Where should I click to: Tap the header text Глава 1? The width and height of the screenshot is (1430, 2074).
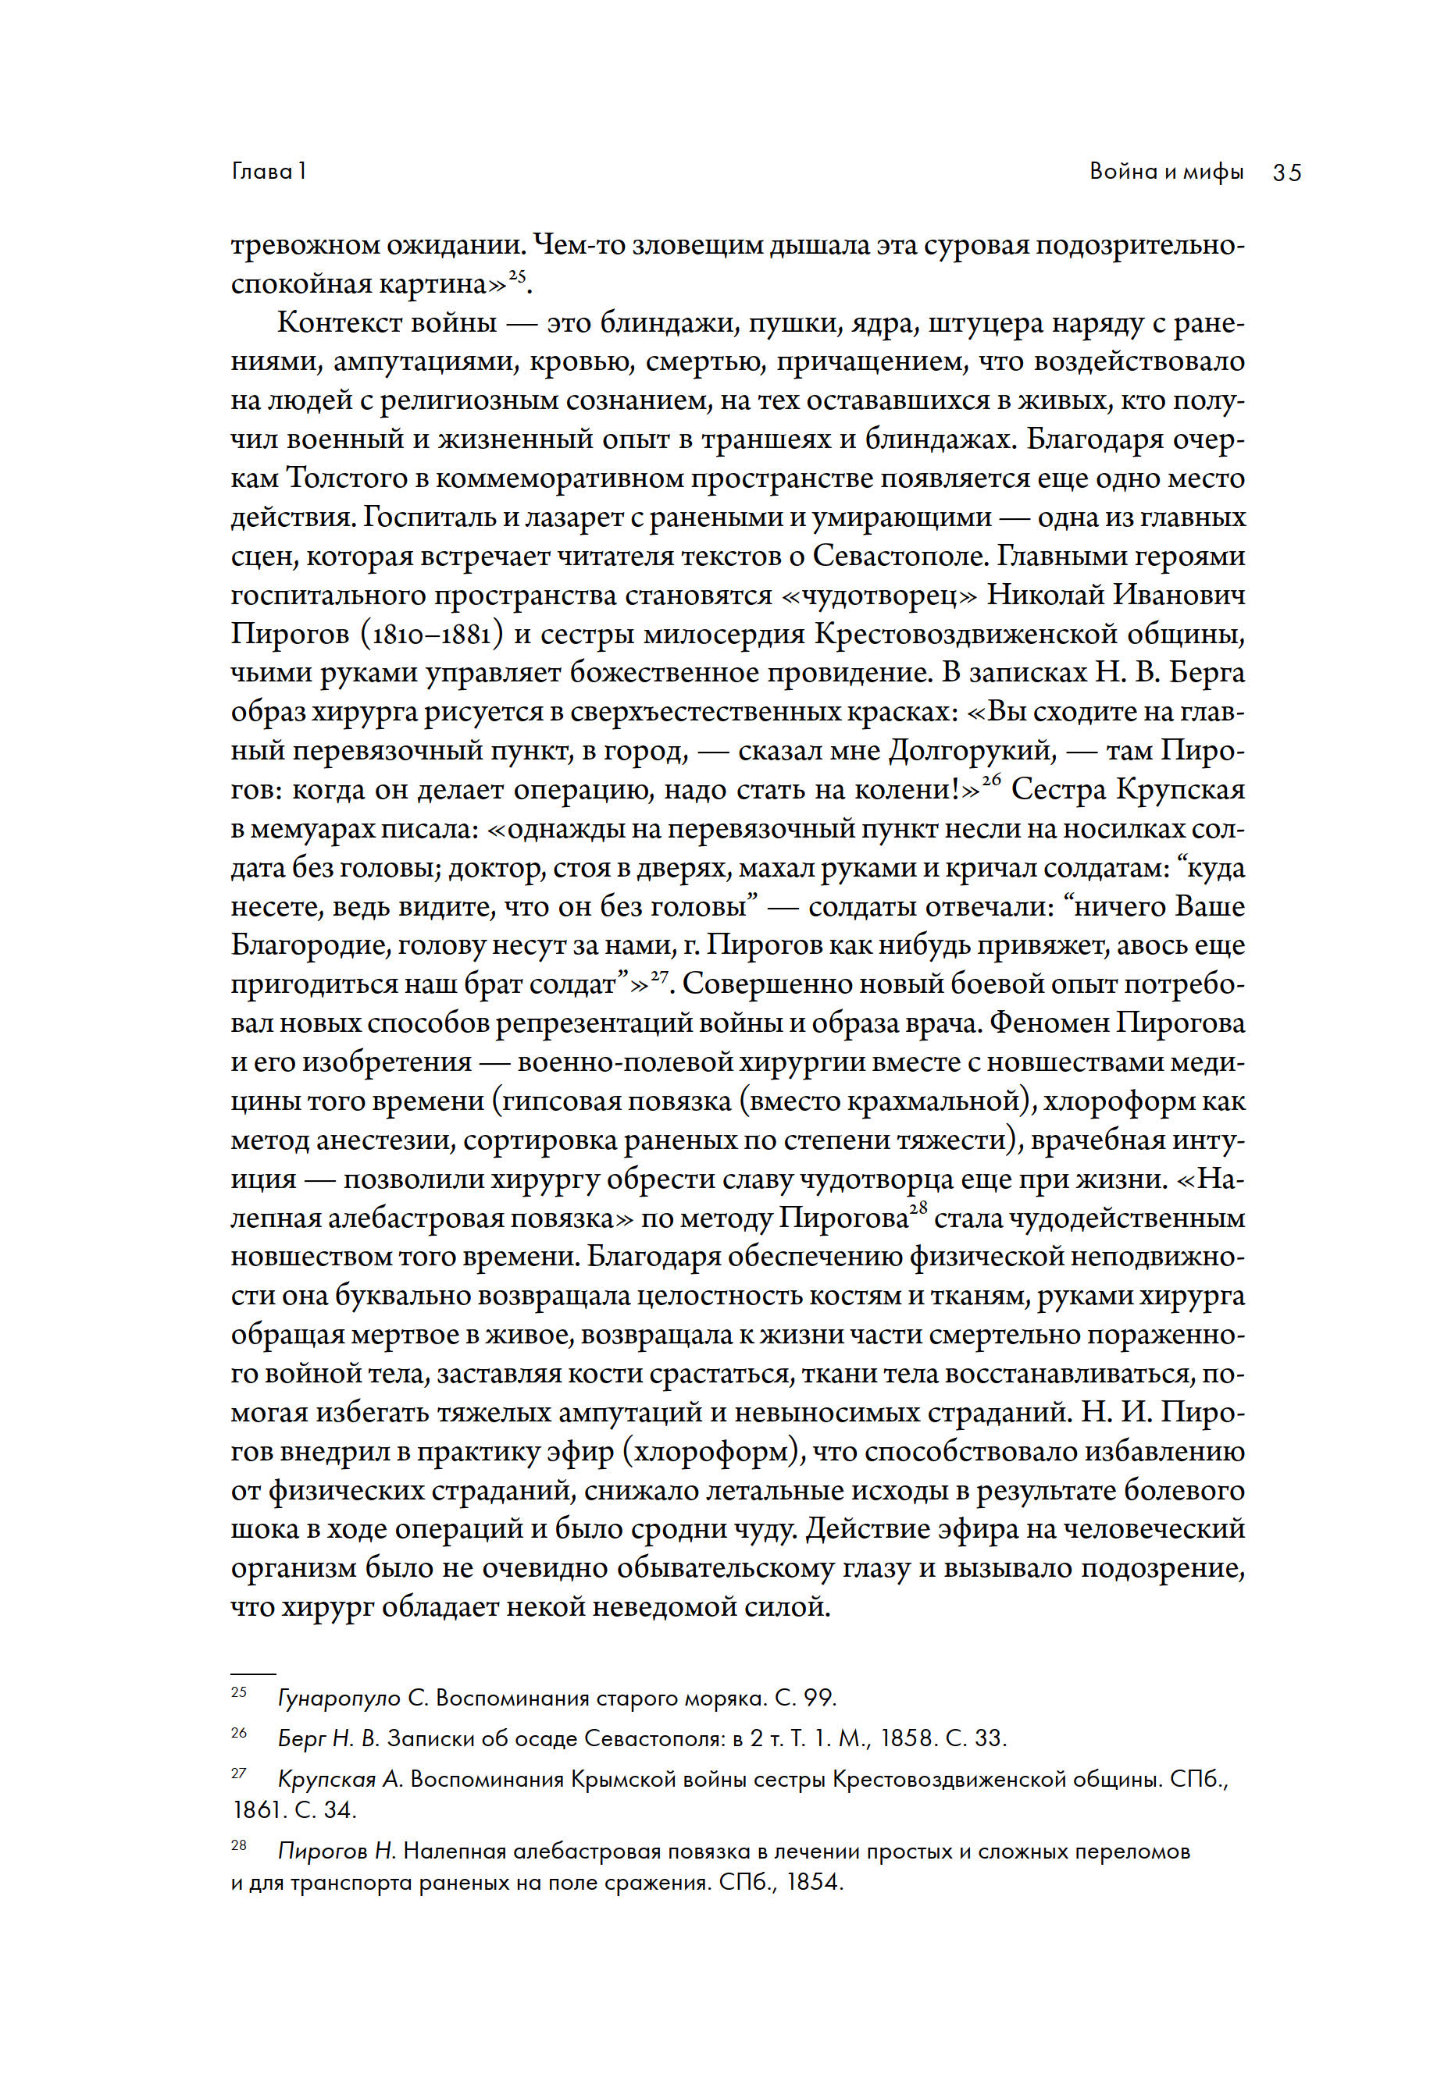pos(269,171)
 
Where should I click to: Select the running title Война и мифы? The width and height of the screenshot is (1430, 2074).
pos(1167,171)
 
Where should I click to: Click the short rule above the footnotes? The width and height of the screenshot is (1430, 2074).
pos(253,1673)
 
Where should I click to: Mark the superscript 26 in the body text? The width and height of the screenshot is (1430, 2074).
pos(991,780)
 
